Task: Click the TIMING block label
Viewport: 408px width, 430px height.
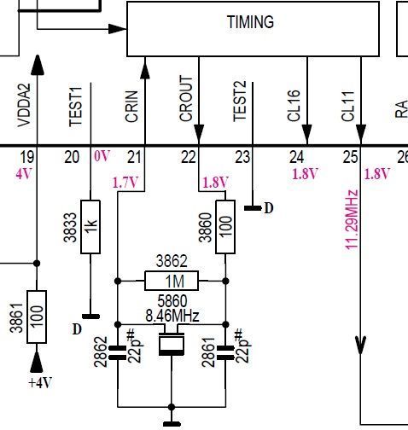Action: (250, 22)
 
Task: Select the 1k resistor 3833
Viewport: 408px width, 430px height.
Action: (90, 227)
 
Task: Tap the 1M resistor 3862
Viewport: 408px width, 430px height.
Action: (172, 281)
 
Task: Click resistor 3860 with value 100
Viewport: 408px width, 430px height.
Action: (225, 227)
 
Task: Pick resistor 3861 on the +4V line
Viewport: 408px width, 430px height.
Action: (37, 317)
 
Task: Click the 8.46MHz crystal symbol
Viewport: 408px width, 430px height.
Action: (172, 344)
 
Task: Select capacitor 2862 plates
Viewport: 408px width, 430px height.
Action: (118, 352)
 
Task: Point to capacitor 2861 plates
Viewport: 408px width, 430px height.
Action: (225, 352)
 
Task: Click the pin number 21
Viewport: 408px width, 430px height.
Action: (134, 157)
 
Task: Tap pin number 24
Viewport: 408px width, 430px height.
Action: (297, 157)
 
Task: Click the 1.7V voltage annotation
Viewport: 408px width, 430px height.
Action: (125, 183)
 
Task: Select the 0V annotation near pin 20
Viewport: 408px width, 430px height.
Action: (102, 156)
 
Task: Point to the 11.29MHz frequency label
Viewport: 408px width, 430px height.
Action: (352, 220)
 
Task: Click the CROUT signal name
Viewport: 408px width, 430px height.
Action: (186, 99)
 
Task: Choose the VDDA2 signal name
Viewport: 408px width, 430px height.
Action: (24, 105)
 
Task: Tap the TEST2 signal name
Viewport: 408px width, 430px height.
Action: (240, 102)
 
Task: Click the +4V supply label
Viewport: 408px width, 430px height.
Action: (40, 383)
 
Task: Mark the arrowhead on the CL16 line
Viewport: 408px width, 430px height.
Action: (307, 134)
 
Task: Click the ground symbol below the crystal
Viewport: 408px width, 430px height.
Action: (172, 424)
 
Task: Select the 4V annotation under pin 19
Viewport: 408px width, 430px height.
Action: (24, 173)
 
